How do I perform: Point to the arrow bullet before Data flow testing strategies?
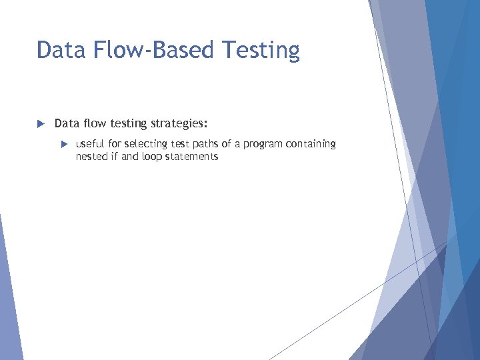[40, 124]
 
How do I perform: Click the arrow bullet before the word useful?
[64, 144]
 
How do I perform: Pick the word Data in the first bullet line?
[65, 124]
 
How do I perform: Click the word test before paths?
[180, 144]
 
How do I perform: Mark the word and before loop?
[130, 157]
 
